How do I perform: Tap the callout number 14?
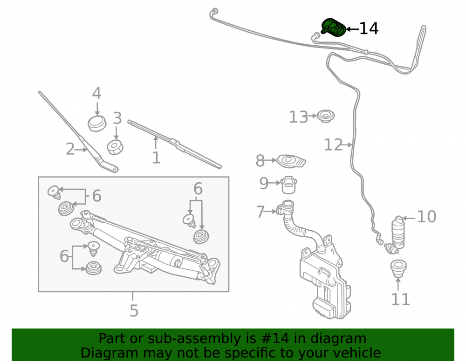pyautogui.click(x=369, y=28)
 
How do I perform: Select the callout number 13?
pyautogui.click(x=298, y=117)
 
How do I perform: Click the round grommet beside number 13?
pyautogui.click(x=325, y=116)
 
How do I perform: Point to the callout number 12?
pyautogui.click(x=333, y=144)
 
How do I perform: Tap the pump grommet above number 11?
pyautogui.click(x=398, y=268)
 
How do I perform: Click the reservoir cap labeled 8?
pyautogui.click(x=291, y=162)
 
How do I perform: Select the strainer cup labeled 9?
pyautogui.click(x=288, y=185)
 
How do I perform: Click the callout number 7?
pyautogui.click(x=260, y=212)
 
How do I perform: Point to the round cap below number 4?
pyautogui.click(x=97, y=123)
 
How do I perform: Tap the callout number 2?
pyautogui.click(x=70, y=149)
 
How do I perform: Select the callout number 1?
pyautogui.click(x=156, y=158)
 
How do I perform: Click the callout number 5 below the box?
pyautogui.click(x=134, y=310)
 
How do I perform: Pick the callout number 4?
pyautogui.click(x=96, y=93)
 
